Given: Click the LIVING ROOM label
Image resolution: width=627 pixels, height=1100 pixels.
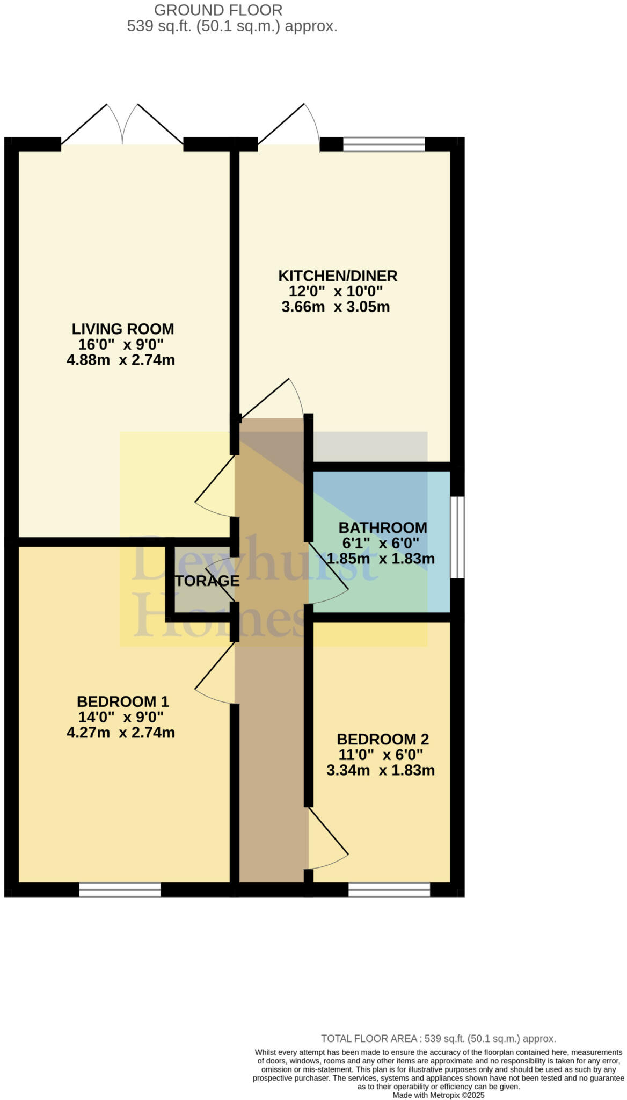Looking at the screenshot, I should [x=123, y=329].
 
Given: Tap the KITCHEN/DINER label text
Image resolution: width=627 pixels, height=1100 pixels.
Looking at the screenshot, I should [x=338, y=276].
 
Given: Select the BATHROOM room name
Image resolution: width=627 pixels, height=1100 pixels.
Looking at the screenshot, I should [x=383, y=527].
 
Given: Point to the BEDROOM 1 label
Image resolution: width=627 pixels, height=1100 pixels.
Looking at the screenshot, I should [x=123, y=701].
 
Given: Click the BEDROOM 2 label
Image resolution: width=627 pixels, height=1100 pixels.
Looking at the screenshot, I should [x=383, y=739].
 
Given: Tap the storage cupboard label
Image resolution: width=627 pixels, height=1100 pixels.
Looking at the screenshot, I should [x=207, y=581].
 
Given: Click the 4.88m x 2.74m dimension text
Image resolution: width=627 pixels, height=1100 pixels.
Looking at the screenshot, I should [x=121, y=360].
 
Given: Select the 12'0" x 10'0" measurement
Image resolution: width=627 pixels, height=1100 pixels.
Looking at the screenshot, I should [x=336, y=292].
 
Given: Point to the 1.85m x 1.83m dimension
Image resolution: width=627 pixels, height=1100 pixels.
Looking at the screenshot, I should [x=381, y=559].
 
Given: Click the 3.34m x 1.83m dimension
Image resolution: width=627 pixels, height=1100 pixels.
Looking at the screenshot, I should [x=381, y=770].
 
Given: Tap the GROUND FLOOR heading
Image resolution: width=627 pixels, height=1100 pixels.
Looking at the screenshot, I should [x=218, y=10].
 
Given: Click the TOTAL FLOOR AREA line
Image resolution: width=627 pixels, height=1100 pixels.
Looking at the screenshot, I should [x=438, y=1039].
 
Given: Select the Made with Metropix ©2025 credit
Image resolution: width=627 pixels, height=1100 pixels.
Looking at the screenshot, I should [x=438, y=1095].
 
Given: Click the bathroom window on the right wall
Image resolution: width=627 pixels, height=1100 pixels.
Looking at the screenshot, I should [x=457, y=537].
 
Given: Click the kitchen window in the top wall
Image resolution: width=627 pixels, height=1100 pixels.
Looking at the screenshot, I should [x=384, y=144].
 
